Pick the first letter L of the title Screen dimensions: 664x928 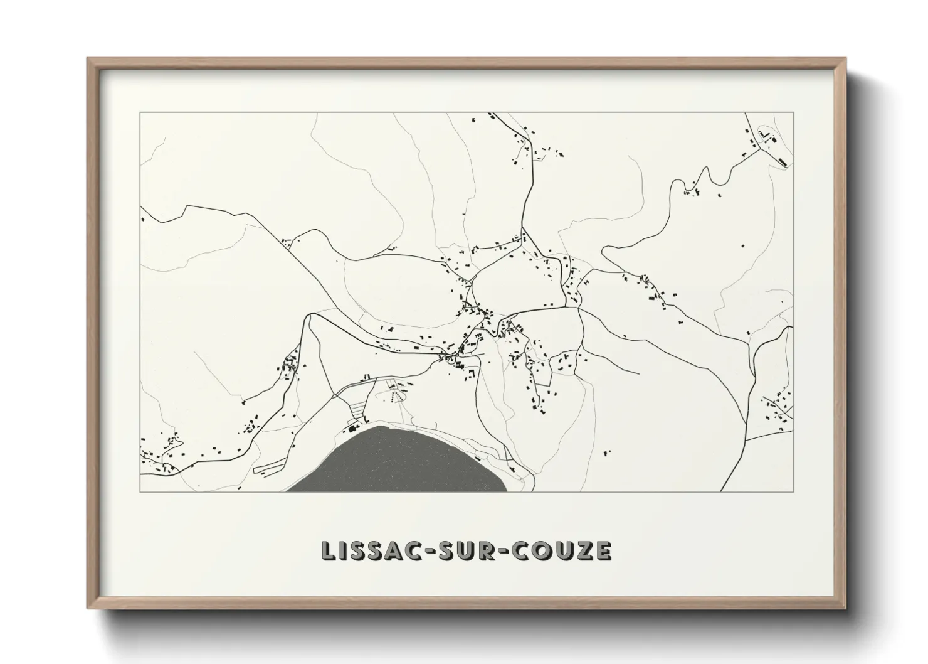[x=328, y=550]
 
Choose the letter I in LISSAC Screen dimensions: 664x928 [x=342, y=550]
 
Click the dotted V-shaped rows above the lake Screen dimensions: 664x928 [x=394, y=396]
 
